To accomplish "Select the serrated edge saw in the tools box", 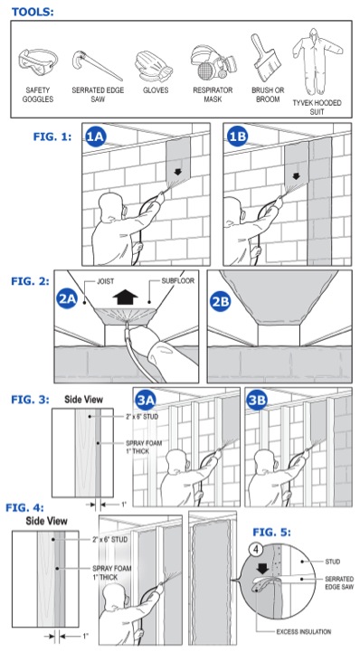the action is pyautogui.click(x=98, y=65).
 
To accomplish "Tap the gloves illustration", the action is pyautogui.click(x=154, y=67).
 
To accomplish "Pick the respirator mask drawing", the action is pyautogui.click(x=213, y=62).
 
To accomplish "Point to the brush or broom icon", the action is pyautogui.click(x=265, y=58).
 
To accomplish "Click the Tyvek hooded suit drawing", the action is pyautogui.click(x=317, y=61).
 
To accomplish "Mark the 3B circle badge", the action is pyautogui.click(x=257, y=401).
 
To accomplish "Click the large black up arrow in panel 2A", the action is pyautogui.click(x=125, y=298).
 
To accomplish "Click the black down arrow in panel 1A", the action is pyautogui.click(x=178, y=172).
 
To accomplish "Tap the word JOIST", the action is pyautogui.click(x=106, y=281).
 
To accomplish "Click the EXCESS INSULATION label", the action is pyautogui.click(x=304, y=631).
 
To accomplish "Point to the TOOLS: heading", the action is pyautogui.click(x=33, y=12).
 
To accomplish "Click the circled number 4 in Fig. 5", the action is pyautogui.click(x=257, y=548).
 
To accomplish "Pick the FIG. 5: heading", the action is pyautogui.click(x=272, y=533).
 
